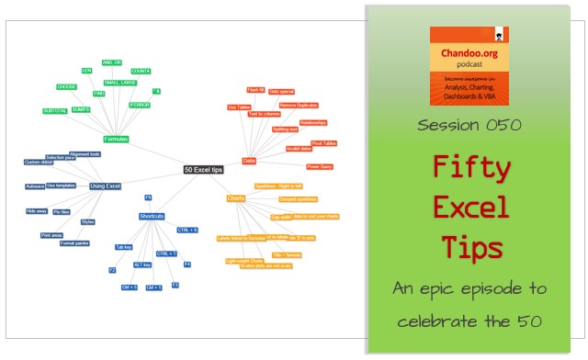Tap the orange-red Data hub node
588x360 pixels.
(249, 161)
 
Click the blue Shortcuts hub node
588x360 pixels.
(152, 216)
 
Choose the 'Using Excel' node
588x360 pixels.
(105, 186)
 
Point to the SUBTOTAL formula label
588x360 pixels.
(54, 110)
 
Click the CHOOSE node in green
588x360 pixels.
(66, 86)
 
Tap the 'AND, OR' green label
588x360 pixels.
(112, 62)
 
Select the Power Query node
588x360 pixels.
(320, 167)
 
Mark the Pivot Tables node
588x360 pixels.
(323, 143)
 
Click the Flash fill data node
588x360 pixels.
(255, 90)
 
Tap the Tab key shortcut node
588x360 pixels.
(124, 247)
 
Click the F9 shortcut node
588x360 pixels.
(148, 197)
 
